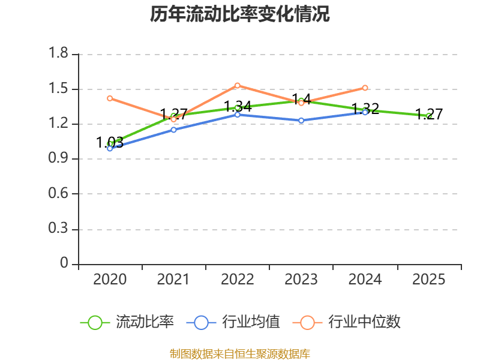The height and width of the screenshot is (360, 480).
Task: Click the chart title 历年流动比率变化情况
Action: click(x=239, y=14)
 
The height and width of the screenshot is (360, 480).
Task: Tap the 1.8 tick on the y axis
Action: click(x=58, y=53)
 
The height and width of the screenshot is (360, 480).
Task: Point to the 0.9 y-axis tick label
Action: click(x=58, y=158)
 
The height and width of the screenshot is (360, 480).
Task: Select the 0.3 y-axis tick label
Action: click(x=58, y=229)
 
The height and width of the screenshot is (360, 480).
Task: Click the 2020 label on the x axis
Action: click(x=110, y=280)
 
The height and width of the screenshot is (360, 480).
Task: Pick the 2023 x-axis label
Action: click(x=301, y=280)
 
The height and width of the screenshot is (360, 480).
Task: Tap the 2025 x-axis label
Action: click(x=428, y=280)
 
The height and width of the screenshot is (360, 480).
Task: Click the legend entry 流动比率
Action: click(x=127, y=322)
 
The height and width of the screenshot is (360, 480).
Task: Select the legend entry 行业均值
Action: click(x=233, y=322)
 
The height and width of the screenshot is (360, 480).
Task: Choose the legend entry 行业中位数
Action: click(x=347, y=322)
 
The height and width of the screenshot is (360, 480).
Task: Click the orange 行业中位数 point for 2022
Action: click(x=237, y=85)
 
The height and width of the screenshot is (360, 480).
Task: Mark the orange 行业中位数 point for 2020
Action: click(x=110, y=98)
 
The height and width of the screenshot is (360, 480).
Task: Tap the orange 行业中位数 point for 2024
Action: click(x=365, y=88)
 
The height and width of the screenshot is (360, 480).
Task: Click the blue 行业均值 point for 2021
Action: click(x=173, y=130)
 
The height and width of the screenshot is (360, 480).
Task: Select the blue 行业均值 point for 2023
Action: click(x=301, y=121)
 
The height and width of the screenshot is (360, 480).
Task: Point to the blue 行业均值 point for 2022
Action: click(x=237, y=115)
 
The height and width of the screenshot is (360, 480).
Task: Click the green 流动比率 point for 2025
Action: click(x=428, y=116)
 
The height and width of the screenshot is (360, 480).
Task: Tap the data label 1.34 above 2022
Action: click(x=238, y=107)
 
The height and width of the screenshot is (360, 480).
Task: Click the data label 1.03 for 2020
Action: click(x=110, y=142)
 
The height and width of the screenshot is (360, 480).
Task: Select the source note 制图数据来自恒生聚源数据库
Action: click(x=240, y=353)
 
